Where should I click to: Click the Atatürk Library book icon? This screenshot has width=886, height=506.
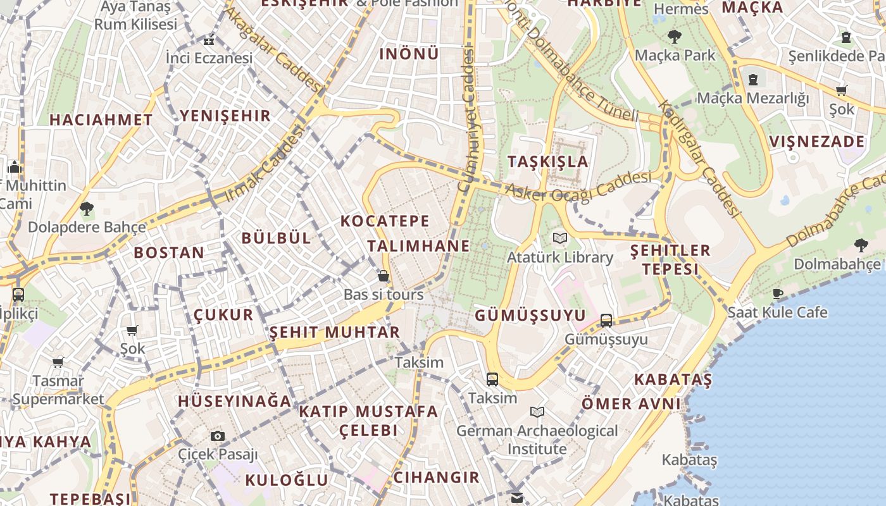click(559, 238)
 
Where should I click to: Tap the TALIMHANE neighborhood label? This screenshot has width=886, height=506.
click(418, 246)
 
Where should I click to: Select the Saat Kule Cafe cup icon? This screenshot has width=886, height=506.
click(777, 293)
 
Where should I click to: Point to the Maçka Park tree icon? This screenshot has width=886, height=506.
click(675, 37)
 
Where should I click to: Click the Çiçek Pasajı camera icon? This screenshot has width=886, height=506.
click(217, 436)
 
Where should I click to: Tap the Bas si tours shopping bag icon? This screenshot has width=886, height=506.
click(383, 276)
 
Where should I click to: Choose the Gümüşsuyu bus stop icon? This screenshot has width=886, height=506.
click(606, 321)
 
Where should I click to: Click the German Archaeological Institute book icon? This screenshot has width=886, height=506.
click(537, 412)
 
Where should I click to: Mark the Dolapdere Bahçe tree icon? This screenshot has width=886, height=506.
click(87, 208)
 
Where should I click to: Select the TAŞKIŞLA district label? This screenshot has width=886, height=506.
click(548, 161)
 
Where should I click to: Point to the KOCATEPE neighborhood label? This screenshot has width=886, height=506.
click(385, 221)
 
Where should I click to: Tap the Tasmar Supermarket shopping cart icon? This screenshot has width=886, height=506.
click(58, 363)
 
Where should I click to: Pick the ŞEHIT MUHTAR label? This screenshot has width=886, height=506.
click(335, 333)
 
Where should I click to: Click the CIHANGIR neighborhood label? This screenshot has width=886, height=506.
click(436, 478)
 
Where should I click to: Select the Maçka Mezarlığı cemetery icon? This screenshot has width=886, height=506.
click(753, 80)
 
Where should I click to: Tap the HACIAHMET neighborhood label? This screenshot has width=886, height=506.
click(101, 120)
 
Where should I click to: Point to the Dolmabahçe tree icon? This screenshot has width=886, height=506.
click(861, 245)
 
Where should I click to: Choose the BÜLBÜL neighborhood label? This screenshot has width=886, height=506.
click(277, 238)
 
